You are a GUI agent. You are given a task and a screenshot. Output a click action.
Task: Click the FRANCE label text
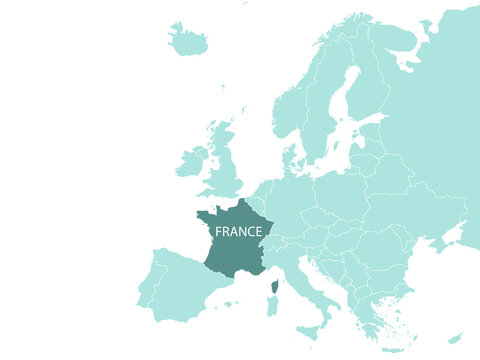point(239,231)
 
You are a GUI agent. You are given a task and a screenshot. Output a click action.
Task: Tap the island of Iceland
point(188,42)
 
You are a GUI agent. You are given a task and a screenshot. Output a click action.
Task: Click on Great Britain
point(226,165)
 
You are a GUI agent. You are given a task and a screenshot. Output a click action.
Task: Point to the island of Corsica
point(275,287)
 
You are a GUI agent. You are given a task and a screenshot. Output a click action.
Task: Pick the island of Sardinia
point(272,306)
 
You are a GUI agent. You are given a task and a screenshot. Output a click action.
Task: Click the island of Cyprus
point(455,339)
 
